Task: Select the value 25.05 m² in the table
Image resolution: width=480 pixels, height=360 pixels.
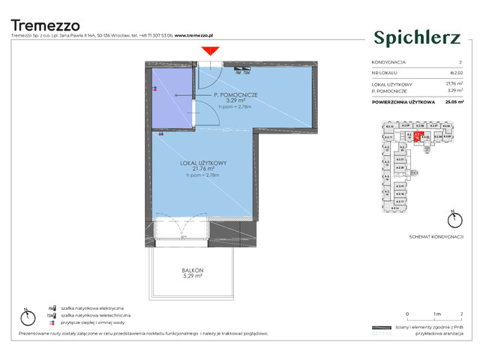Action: [452, 100]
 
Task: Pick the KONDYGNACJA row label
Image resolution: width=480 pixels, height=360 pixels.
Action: [388, 62]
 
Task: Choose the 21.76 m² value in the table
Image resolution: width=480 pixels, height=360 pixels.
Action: [454, 83]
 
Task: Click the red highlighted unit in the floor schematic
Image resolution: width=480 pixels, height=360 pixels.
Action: [418, 136]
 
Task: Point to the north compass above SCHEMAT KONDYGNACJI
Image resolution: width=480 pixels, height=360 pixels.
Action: [451, 220]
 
